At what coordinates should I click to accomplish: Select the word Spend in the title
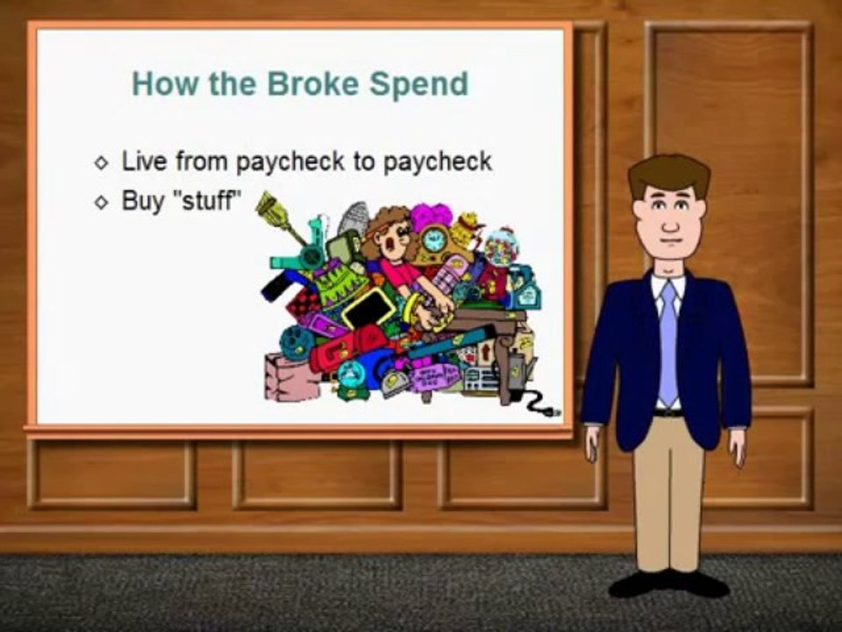(x=418, y=84)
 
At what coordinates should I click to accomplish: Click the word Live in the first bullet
(x=144, y=162)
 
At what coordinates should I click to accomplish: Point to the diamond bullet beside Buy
(x=102, y=202)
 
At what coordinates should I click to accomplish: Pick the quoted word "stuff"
(x=209, y=200)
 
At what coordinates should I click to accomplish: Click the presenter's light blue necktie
(x=668, y=342)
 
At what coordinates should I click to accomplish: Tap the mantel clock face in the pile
(x=432, y=238)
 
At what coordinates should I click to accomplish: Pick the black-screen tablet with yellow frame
(x=368, y=307)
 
